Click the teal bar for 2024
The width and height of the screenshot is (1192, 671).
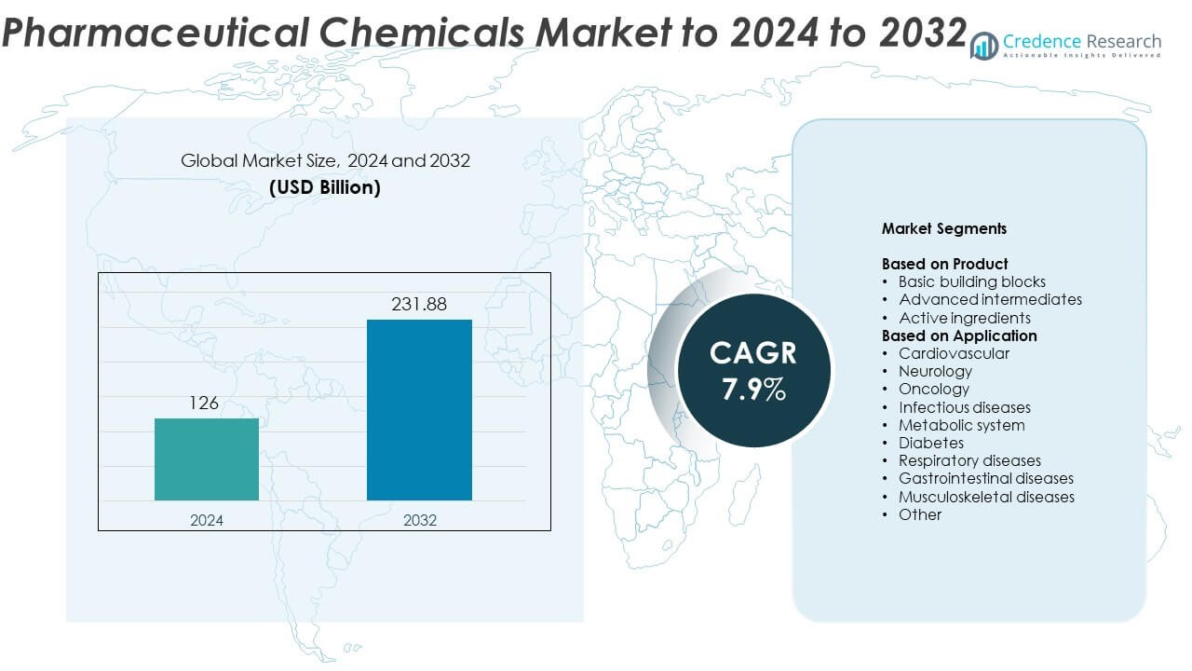(x=207, y=459)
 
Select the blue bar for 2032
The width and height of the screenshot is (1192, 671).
(x=419, y=410)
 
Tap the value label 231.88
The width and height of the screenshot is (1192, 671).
(x=419, y=305)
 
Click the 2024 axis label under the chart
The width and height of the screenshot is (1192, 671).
(x=207, y=520)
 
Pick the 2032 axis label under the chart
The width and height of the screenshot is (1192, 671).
(x=419, y=520)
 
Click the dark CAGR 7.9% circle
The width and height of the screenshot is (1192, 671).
(x=753, y=370)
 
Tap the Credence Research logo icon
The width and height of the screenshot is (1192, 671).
(x=983, y=45)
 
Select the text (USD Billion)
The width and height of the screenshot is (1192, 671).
(x=325, y=187)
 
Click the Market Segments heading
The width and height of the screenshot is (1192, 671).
(x=943, y=228)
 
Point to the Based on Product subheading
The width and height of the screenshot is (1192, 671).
(x=944, y=264)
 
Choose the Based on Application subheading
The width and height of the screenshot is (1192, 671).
(x=959, y=335)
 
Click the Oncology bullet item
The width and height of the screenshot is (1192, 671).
(x=933, y=389)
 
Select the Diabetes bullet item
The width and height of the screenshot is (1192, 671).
(x=930, y=443)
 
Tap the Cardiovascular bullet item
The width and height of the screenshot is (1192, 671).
(x=954, y=353)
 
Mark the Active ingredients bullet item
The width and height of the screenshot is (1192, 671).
(x=964, y=318)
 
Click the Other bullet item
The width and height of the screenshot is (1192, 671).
(x=919, y=514)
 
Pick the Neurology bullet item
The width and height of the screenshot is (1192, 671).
(x=934, y=371)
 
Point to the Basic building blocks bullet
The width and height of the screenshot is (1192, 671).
(x=971, y=281)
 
